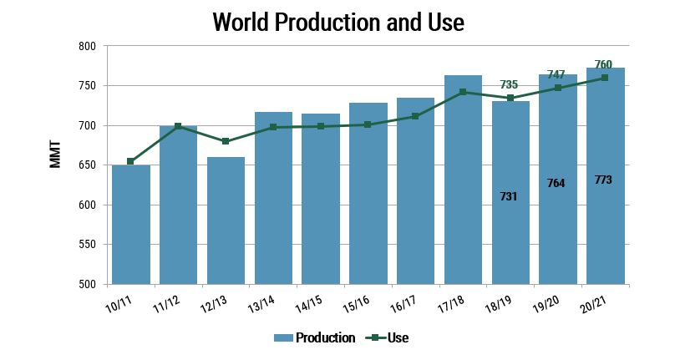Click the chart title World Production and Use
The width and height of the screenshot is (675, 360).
tap(337, 22)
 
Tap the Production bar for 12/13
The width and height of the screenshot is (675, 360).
tap(226, 221)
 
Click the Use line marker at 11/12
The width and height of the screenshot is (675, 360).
tap(178, 126)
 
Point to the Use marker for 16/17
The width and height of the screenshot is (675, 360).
tap(415, 116)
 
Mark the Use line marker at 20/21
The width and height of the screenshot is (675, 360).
tap(605, 78)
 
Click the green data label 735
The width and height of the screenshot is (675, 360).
tap(510, 84)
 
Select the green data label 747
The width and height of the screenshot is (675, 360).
tap(557, 74)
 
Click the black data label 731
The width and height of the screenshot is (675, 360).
tap(510, 196)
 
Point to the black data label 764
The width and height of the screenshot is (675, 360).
tap(557, 183)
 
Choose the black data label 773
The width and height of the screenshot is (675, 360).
tap(604, 179)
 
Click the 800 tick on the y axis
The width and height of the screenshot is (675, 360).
tap(86, 47)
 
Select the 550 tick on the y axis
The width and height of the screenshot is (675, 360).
tap(86, 245)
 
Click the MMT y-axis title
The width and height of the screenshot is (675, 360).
tap(56, 156)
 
